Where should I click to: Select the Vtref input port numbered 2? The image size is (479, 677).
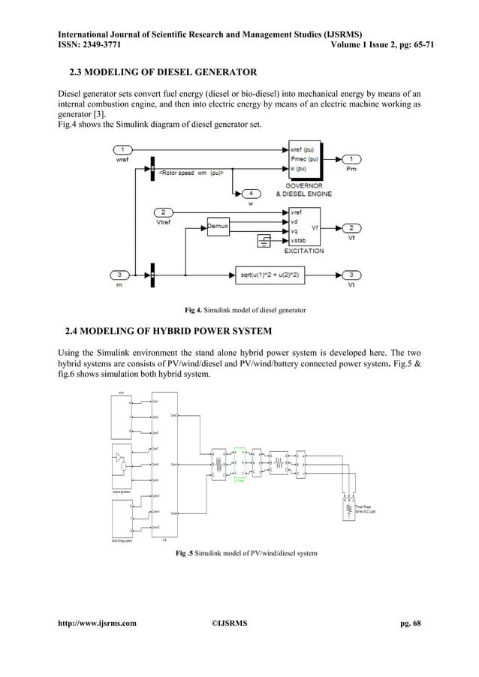point(164,212)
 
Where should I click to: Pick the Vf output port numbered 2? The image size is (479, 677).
point(352,227)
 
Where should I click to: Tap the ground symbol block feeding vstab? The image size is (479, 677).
point(264,240)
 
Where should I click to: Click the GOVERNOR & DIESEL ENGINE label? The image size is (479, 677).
point(309,189)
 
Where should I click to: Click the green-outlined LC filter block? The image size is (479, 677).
point(239,464)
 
